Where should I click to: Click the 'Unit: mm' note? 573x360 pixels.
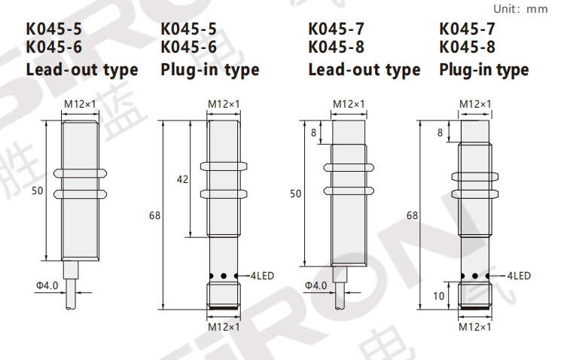(520, 9)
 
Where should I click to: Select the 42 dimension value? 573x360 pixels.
(182, 179)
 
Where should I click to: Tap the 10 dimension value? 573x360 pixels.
(439, 296)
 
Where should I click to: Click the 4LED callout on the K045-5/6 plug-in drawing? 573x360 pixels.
(262, 276)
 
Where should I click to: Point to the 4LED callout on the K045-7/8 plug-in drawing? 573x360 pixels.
(519, 276)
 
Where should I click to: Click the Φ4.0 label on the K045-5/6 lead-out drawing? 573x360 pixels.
(47, 285)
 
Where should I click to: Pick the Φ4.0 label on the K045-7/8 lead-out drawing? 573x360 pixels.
(315, 285)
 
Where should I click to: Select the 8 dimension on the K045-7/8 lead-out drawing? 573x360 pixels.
(313, 133)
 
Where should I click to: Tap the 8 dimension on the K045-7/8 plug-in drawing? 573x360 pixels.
(440, 133)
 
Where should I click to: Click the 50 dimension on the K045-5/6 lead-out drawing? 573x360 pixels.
(38, 191)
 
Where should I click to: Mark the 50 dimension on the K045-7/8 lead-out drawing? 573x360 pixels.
(296, 194)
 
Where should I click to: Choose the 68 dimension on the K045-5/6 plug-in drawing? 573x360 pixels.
(154, 215)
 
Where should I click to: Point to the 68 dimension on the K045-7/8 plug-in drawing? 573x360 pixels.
(412, 215)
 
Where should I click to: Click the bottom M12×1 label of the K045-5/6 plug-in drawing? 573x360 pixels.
(224, 327)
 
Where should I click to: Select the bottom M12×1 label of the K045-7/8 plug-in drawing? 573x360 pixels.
(474, 327)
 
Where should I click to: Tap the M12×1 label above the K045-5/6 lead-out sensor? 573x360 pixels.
(80, 104)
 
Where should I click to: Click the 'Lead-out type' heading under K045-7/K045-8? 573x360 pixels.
(364, 70)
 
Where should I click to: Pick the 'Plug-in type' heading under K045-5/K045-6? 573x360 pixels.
(210, 70)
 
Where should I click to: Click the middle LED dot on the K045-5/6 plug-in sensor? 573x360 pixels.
(224, 276)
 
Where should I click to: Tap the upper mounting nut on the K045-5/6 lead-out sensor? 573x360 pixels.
(80, 173)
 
